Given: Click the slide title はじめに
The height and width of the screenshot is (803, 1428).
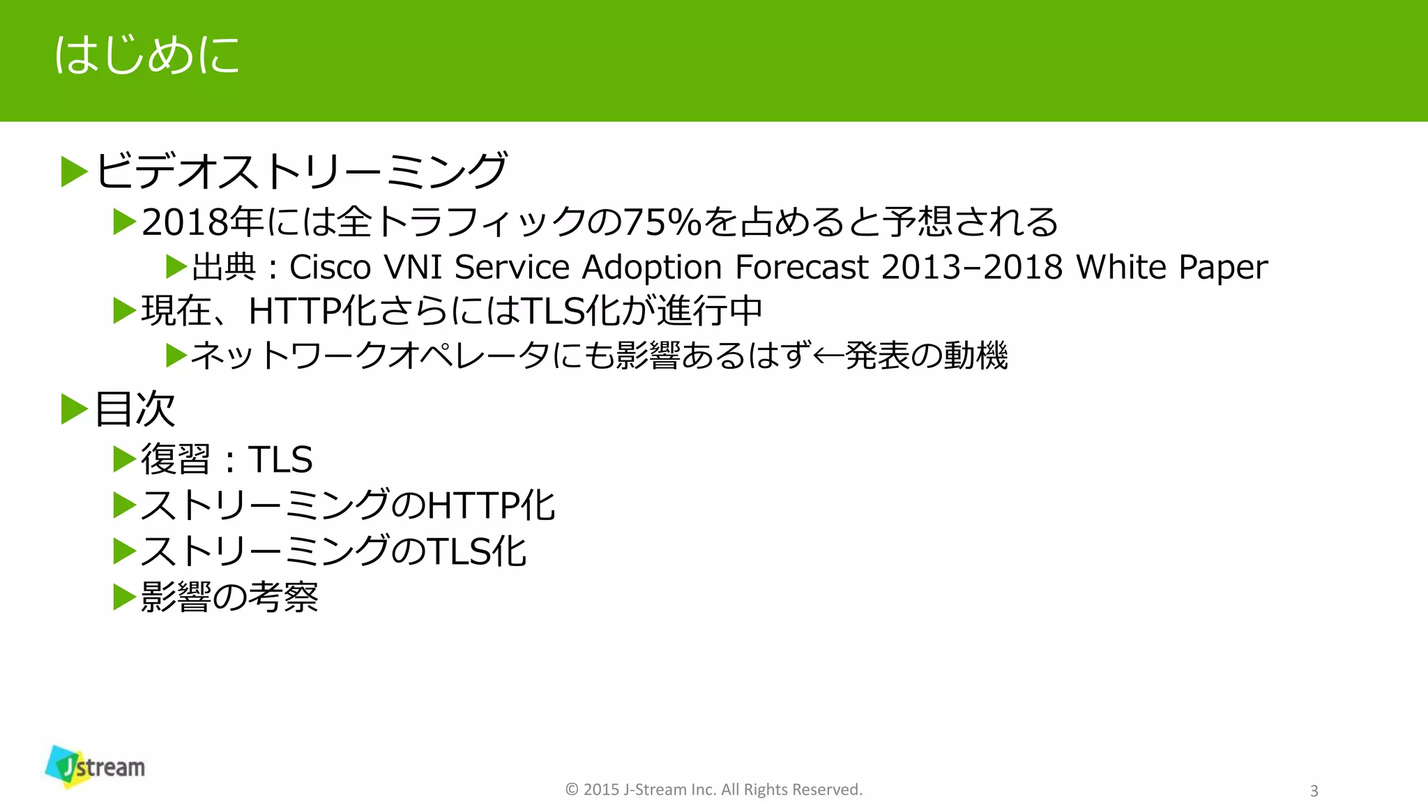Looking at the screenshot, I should (x=147, y=55).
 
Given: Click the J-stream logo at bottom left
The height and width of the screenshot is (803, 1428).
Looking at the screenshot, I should (x=95, y=767).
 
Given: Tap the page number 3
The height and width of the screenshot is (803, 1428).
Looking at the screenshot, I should (x=1314, y=790).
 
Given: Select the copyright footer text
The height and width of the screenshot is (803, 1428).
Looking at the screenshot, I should (x=713, y=789).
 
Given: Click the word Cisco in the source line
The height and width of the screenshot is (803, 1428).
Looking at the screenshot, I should (x=330, y=267).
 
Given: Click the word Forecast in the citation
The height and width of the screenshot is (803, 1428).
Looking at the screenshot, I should (x=802, y=267).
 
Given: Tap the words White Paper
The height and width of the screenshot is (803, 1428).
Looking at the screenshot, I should (x=1171, y=267).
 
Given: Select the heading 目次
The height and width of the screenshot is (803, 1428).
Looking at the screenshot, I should (x=135, y=408).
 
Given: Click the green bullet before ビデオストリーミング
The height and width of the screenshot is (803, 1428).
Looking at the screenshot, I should (x=74, y=171).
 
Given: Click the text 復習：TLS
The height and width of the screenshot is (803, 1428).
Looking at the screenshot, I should (x=227, y=459).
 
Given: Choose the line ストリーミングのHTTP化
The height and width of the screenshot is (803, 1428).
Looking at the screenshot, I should (x=347, y=505).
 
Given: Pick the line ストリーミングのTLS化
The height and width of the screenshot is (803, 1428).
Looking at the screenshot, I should (x=333, y=551).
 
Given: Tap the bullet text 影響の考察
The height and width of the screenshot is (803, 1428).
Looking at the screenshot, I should (x=229, y=597).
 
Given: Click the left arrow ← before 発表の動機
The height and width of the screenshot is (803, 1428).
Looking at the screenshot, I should (x=828, y=356).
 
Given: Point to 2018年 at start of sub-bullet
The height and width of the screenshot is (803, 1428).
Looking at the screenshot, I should (x=202, y=222).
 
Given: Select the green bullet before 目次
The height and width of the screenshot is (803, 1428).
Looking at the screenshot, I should (x=74, y=409).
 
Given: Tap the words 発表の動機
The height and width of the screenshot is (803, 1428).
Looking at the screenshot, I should (x=927, y=356).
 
